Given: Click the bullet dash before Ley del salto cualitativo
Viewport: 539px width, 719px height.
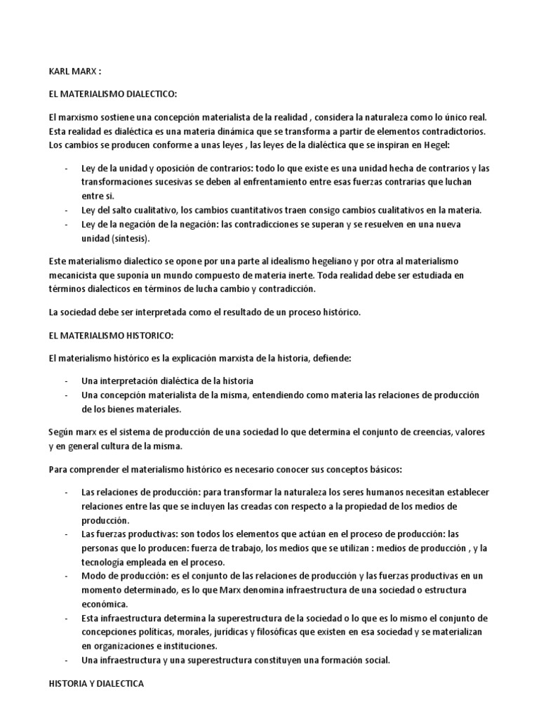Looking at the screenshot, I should click(x=65, y=210).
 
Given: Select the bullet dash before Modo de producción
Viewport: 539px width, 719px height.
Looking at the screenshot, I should click(x=65, y=576).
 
